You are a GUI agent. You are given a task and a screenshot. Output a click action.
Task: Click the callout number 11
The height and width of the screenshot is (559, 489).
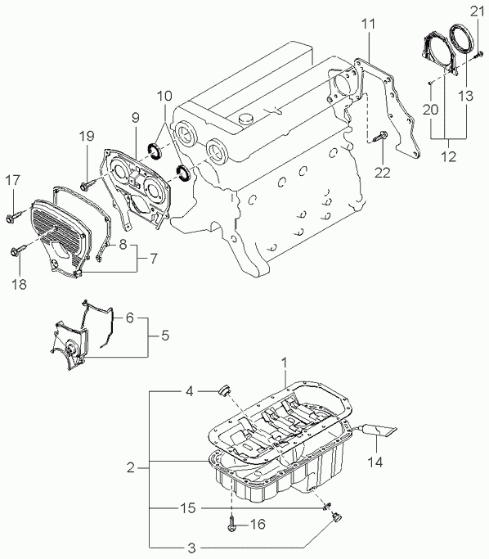click(368, 25)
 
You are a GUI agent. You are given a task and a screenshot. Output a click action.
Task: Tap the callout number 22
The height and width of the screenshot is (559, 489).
click(382, 173)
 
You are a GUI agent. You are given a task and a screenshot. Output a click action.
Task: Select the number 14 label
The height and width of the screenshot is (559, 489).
click(375, 462)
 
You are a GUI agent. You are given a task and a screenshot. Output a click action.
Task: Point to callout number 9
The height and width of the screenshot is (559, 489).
click(135, 117)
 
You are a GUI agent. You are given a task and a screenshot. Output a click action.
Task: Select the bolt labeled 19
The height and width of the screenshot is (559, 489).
click(87, 186)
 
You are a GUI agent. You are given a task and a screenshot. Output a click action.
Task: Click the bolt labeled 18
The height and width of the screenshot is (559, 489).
click(18, 251)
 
